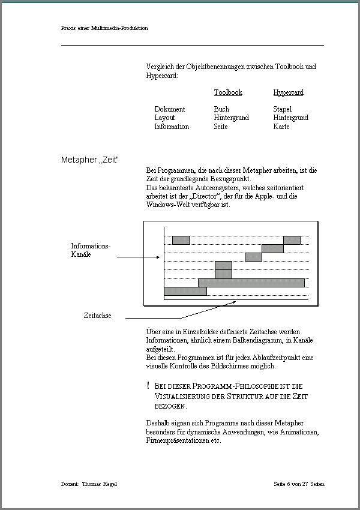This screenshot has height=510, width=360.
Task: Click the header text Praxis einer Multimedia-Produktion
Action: pos(104,28)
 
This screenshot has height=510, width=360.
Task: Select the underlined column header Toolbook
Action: pos(228,92)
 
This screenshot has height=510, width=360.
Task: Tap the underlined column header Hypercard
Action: pos(288,92)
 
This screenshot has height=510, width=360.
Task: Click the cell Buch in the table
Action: pos(221,109)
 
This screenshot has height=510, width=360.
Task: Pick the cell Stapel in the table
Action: pos(282,109)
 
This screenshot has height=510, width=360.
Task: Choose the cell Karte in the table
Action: pos(281,127)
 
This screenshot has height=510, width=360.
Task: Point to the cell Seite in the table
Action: pos(221,127)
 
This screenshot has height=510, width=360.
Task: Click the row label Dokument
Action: pos(170,109)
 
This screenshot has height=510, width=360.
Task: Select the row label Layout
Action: pos(164,118)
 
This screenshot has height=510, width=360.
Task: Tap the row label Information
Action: pos(172,127)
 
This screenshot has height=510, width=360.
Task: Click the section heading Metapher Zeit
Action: pos(90,160)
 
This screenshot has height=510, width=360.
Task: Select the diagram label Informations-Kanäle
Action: pos(91,250)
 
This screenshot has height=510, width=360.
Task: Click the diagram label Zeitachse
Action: pos(97,316)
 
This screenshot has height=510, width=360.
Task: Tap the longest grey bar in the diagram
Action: pos(251,283)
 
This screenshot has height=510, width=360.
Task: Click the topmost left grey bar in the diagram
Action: pos(181,240)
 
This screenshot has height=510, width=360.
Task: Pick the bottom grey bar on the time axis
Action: pos(185,291)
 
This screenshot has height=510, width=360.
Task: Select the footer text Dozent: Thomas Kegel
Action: pos(89,484)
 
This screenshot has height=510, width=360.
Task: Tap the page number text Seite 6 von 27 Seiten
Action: pos(299,484)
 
